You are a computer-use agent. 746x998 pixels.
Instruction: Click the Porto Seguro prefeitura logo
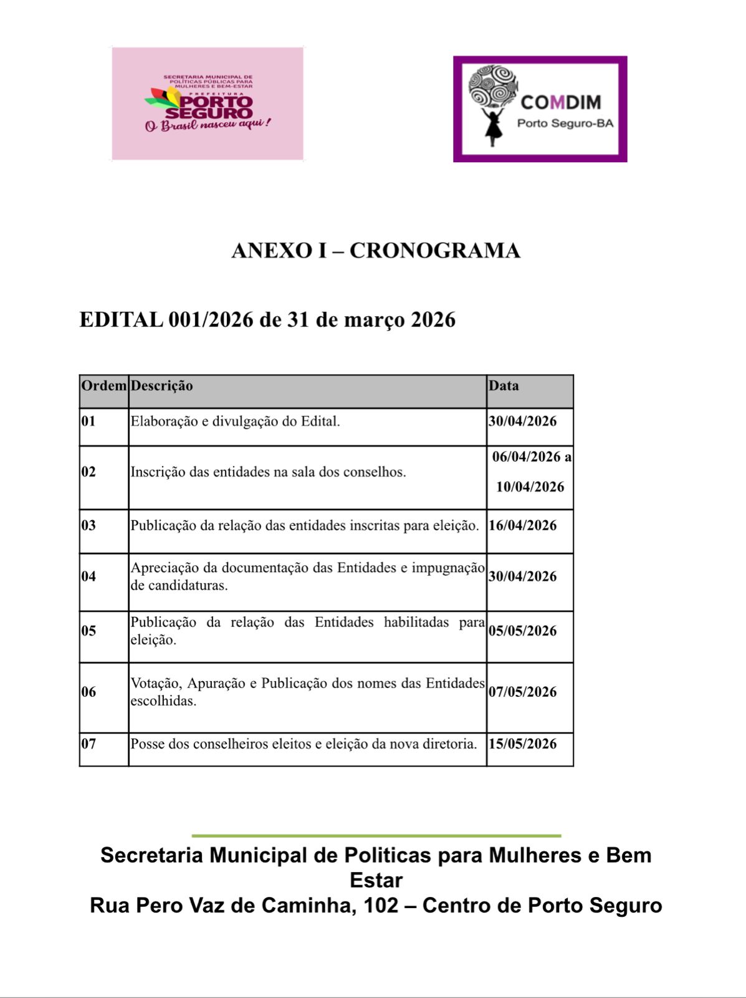pos(208,104)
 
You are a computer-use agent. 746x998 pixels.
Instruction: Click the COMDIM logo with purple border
pos(540,109)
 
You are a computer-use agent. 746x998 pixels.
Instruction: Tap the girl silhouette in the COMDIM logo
pos(492,127)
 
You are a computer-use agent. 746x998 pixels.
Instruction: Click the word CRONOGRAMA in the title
pos(434,251)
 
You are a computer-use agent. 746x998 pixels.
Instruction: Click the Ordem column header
pos(103,386)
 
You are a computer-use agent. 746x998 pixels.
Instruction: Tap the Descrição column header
pos(161,386)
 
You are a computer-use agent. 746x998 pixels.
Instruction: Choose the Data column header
pos(504,386)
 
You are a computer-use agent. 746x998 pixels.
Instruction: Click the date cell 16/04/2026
pos(522,526)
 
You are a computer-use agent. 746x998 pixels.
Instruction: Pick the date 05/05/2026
pos(522,631)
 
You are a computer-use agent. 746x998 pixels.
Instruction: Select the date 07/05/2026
pos(522,692)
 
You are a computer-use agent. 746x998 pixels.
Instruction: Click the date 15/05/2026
pos(522,744)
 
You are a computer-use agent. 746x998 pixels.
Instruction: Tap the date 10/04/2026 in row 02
pos(530,487)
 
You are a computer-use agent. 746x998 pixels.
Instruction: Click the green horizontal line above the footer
pos(376,835)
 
